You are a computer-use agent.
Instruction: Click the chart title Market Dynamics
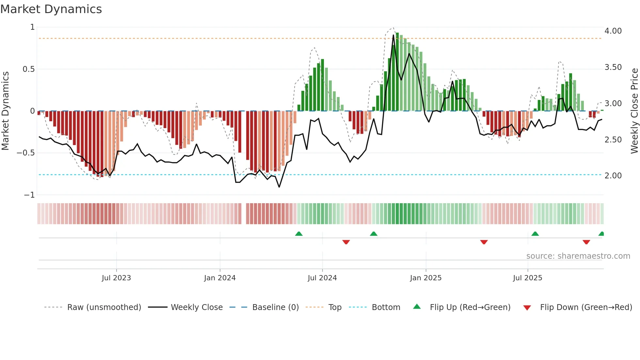(51, 9)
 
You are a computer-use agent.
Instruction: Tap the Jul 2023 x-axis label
(116, 278)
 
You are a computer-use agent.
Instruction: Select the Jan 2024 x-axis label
(220, 278)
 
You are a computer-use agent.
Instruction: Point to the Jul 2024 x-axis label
(322, 278)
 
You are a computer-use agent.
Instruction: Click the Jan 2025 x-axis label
(425, 278)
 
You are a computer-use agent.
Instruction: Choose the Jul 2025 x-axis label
(527, 278)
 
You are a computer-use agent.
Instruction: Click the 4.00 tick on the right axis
(613, 31)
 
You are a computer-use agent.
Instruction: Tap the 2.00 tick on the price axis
(613, 176)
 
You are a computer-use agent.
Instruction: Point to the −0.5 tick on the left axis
(25, 153)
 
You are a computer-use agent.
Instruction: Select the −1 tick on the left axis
(29, 195)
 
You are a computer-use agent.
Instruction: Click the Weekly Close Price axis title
(634, 111)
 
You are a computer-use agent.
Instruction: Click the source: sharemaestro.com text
(578, 256)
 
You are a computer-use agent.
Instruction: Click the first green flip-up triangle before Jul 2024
(298, 234)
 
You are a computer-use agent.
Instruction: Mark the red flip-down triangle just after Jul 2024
(346, 242)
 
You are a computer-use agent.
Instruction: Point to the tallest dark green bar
(397, 72)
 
